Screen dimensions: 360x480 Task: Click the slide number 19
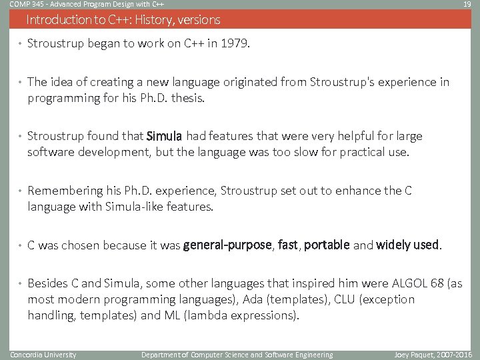(467, 4)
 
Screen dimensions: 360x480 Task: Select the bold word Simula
(164, 137)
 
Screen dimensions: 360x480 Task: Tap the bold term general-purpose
(227, 245)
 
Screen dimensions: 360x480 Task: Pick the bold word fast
(288, 245)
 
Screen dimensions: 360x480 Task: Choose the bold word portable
(327, 245)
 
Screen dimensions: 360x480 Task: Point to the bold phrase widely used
(407, 245)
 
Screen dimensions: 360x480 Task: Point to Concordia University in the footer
(43, 355)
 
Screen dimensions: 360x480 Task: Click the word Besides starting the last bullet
(47, 284)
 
